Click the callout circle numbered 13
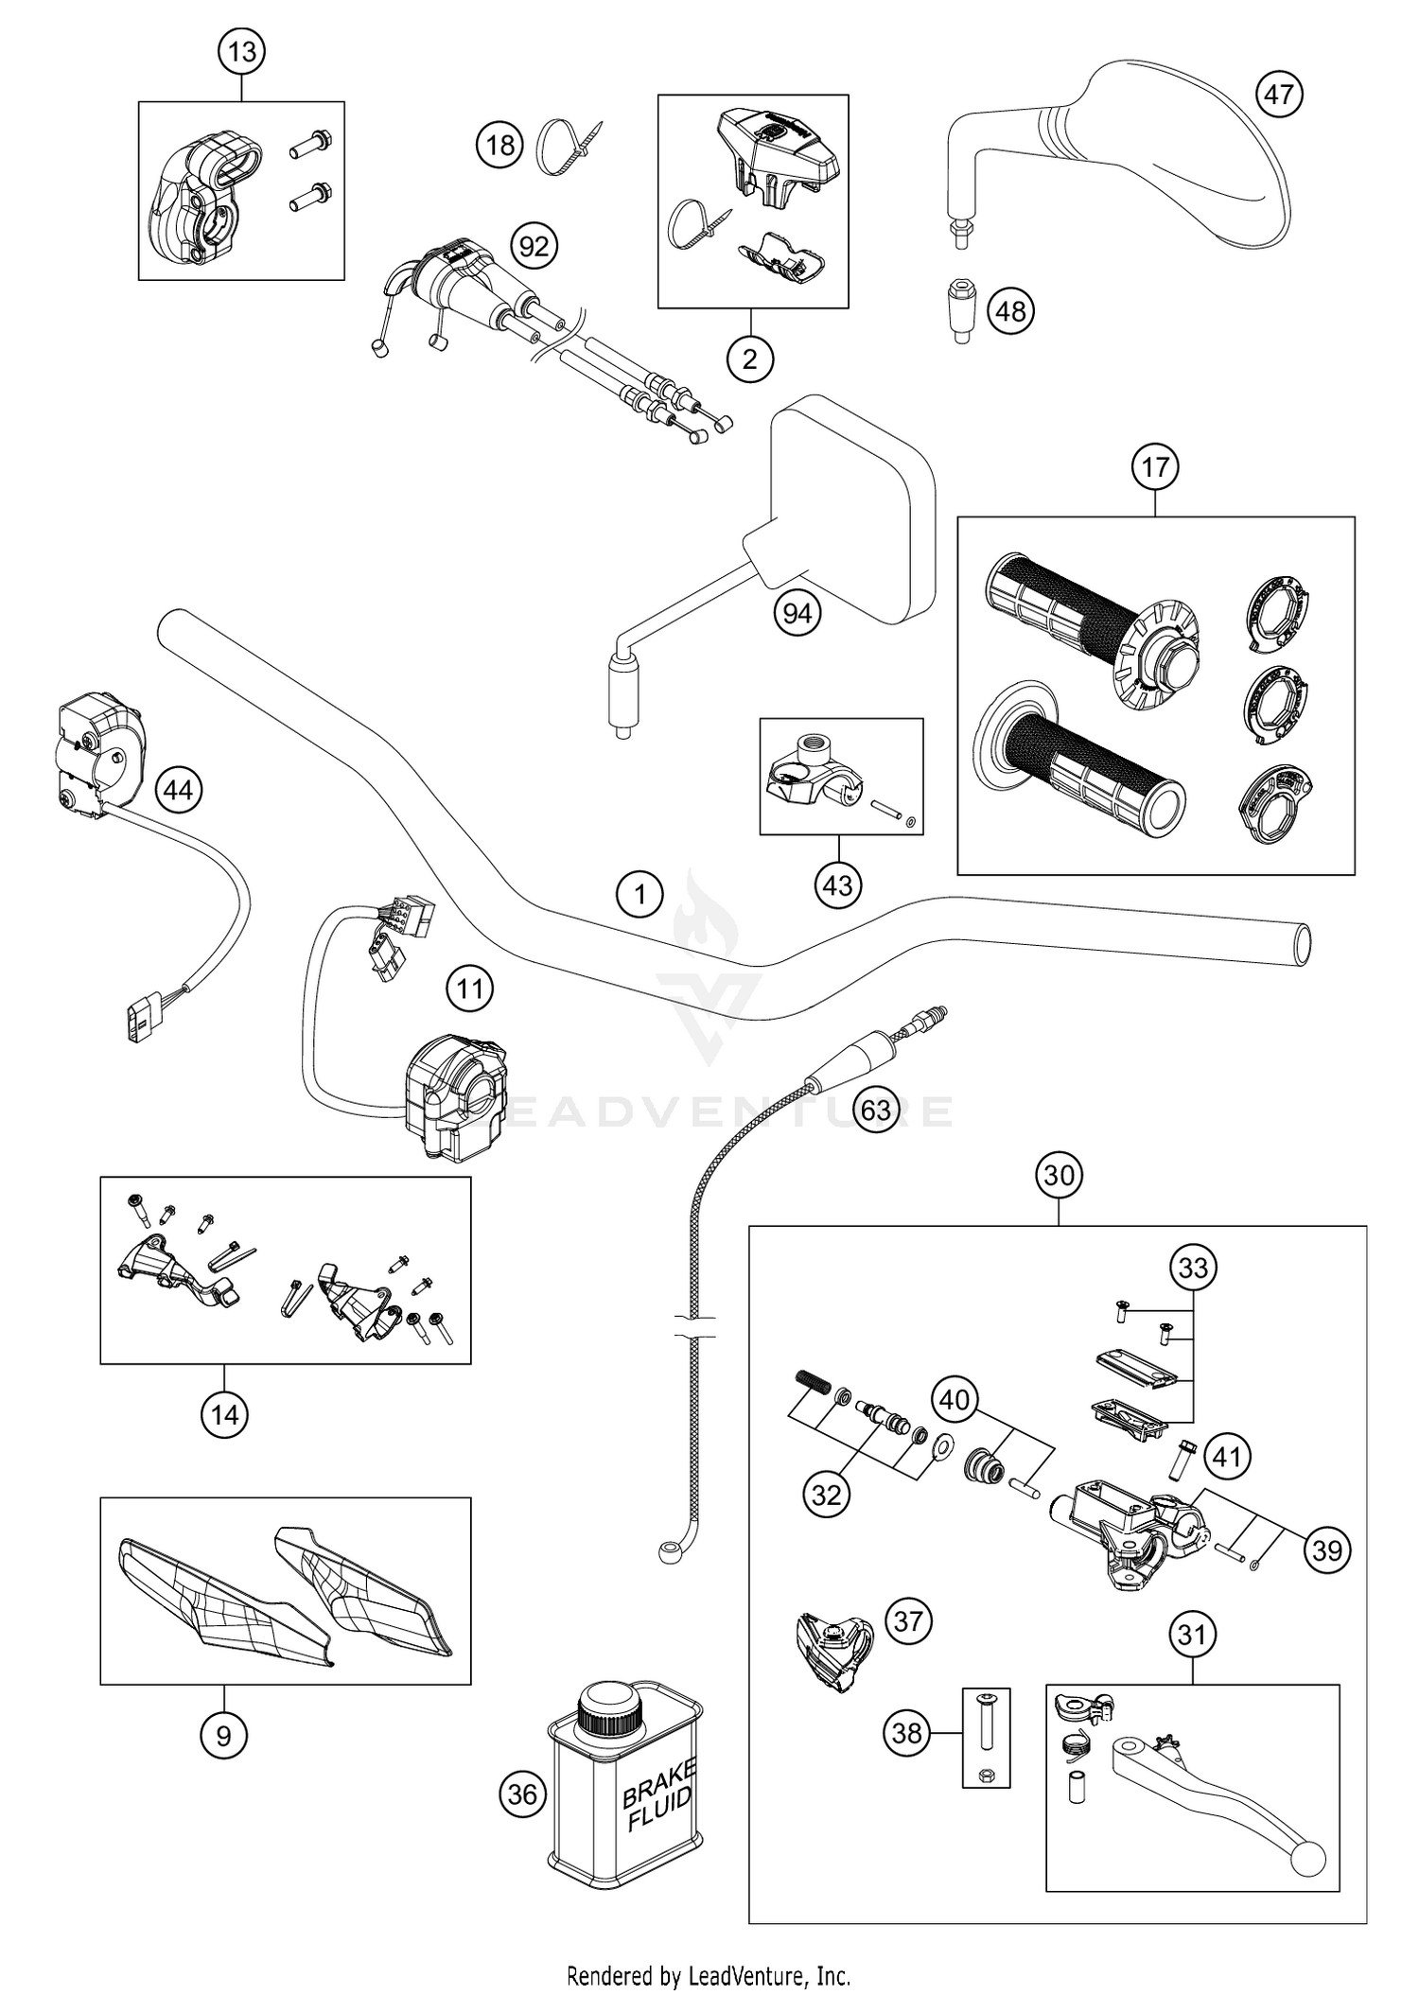click(242, 51)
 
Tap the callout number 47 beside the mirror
click(1279, 95)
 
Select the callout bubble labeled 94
click(797, 614)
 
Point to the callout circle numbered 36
click(522, 1794)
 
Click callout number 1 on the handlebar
click(639, 893)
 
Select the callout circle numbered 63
click(875, 1109)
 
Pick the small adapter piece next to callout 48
click(961, 310)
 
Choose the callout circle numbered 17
click(1155, 467)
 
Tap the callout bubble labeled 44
click(179, 789)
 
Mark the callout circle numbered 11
click(470, 989)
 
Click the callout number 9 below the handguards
click(224, 1735)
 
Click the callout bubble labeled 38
click(906, 1733)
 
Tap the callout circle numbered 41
click(1226, 1458)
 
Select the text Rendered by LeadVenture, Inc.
click(709, 1975)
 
